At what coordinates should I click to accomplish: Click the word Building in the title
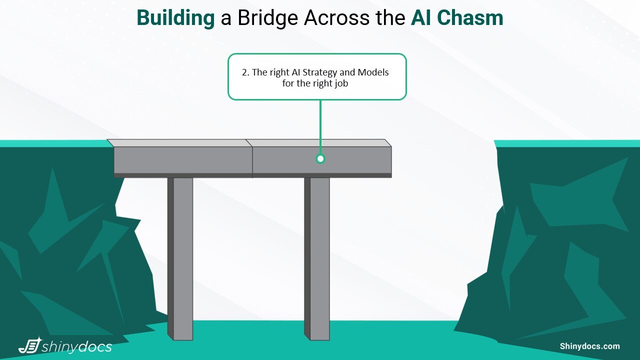click(x=175, y=18)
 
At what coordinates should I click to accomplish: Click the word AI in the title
click(x=422, y=18)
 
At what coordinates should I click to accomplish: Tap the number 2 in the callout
click(x=244, y=72)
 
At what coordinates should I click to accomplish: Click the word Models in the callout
click(x=372, y=72)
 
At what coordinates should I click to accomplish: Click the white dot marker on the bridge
click(x=320, y=159)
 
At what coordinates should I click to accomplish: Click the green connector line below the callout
click(x=320, y=125)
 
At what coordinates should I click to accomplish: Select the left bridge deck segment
click(x=183, y=160)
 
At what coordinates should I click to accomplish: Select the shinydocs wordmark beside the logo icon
click(x=77, y=346)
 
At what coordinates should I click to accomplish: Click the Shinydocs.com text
click(x=589, y=346)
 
